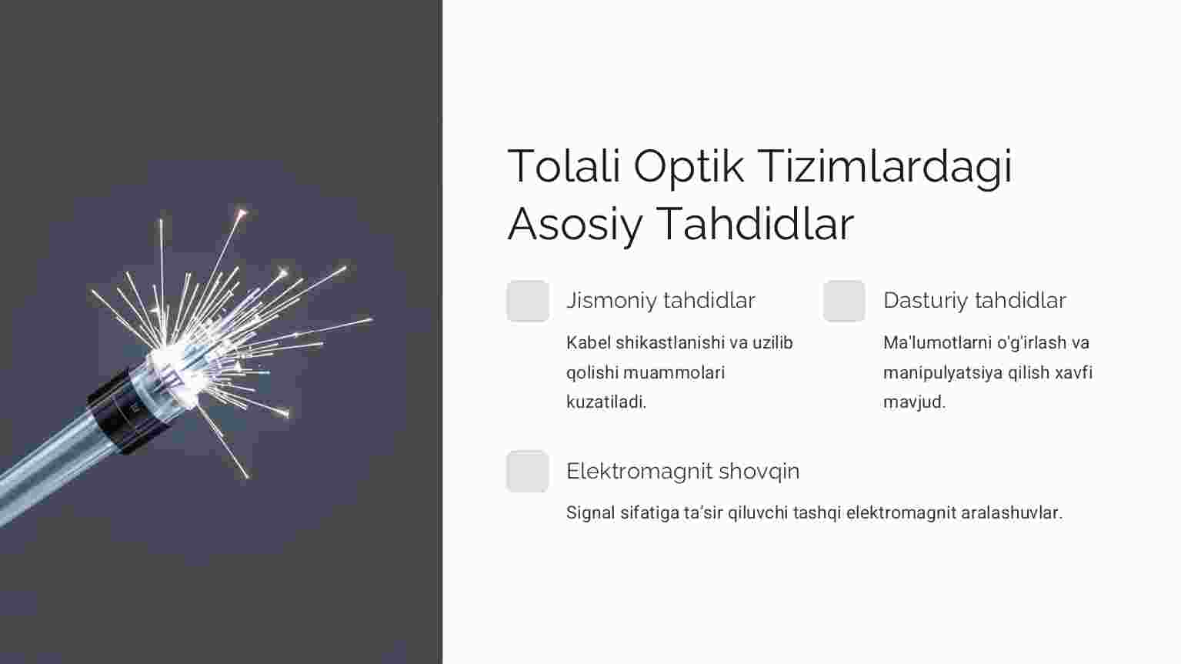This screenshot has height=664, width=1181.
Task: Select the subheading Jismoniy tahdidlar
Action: [x=661, y=301]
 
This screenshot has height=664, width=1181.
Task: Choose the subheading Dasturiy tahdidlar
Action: [x=975, y=300]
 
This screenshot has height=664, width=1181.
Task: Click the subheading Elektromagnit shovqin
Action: [x=682, y=471]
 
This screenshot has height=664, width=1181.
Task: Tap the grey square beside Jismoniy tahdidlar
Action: [x=528, y=301]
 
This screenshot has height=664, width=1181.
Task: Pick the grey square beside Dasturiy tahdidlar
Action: [x=844, y=301]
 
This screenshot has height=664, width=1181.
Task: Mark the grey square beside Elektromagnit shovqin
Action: [x=528, y=471]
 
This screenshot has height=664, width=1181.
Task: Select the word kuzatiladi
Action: [x=606, y=402]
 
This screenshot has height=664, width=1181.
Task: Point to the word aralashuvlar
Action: [x=1011, y=512]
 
